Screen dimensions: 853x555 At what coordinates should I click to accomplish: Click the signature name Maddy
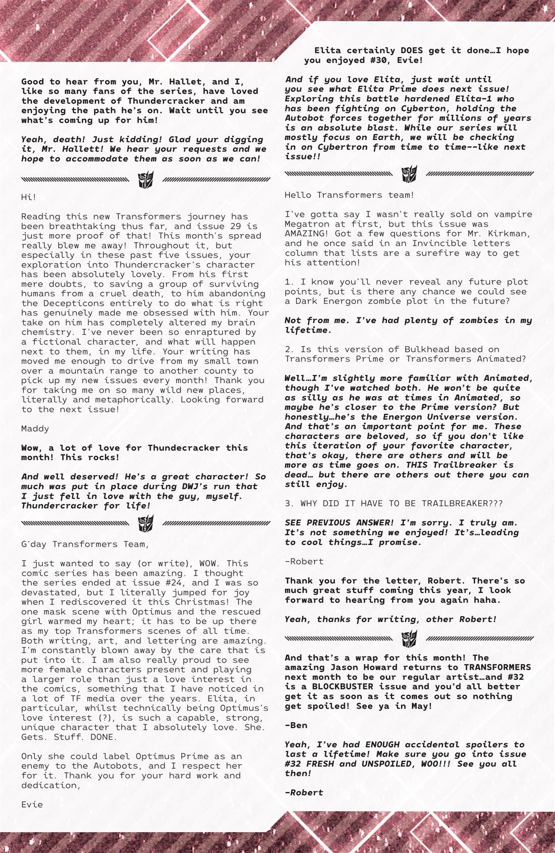35,429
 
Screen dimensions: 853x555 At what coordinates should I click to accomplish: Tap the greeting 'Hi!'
29,197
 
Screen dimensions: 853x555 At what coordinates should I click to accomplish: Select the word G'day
34,544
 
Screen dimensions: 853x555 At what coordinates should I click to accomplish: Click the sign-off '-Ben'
296,725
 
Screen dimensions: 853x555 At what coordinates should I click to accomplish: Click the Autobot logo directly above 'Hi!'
146,180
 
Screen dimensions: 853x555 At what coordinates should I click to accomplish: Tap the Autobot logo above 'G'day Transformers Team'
146,523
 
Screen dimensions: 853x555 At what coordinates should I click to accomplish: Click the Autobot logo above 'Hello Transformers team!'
409,175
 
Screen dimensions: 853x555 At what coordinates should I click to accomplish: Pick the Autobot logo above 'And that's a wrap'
409,639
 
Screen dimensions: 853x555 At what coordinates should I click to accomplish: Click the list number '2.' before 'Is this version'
290,349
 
